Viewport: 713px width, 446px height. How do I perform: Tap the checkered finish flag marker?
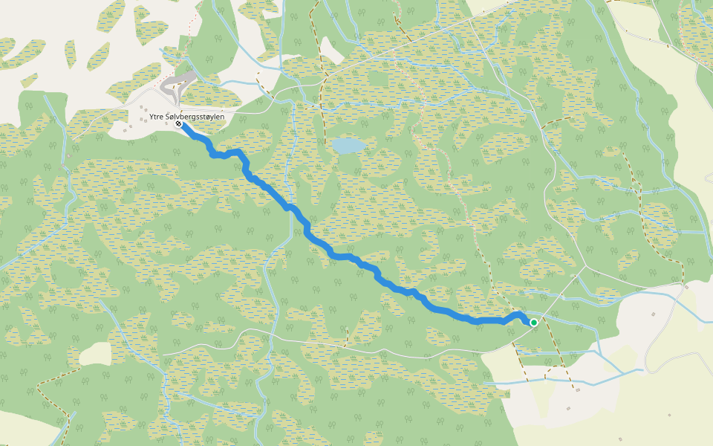[x=179, y=125]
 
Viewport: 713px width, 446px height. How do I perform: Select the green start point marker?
[x=533, y=322]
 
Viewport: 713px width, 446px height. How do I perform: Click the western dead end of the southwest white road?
[x=160, y=354]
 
